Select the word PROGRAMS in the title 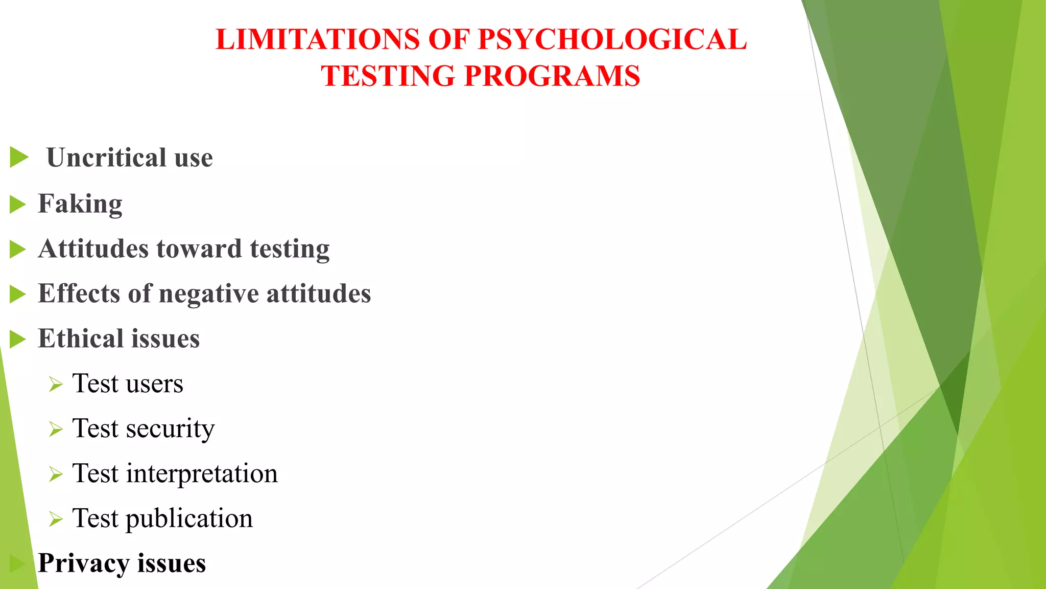tap(552, 76)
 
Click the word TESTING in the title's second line tap(388, 76)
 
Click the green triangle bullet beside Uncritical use tap(19, 157)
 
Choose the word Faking tap(80, 204)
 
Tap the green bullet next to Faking tap(18, 205)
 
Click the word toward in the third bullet tap(199, 249)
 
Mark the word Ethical tap(80, 338)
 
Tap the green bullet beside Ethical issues tap(18, 339)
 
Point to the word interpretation tap(202, 473)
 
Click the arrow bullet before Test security tap(56, 429)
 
